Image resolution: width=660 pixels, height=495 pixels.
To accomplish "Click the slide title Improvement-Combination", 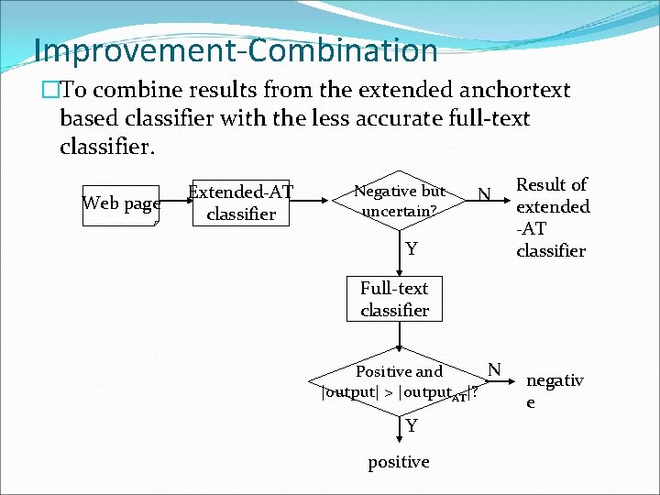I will point(236,49).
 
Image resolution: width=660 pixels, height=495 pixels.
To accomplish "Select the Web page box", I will point(121,203).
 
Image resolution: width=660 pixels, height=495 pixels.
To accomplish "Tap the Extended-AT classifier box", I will point(240,203).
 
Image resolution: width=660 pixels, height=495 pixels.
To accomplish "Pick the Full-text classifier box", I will point(394,300).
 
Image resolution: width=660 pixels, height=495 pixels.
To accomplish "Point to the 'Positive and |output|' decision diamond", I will point(400,382).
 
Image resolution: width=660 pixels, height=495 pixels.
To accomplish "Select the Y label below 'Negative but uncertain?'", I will point(412,249).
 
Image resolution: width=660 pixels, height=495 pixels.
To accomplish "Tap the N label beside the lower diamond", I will point(493,369).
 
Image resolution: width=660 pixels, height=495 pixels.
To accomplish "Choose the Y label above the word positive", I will point(412,426).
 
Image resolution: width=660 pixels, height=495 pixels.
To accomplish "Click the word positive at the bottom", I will point(398,462).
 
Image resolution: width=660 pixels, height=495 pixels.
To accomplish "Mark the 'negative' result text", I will point(554,390).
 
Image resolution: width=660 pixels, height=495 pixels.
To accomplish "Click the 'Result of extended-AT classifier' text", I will point(552,218).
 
